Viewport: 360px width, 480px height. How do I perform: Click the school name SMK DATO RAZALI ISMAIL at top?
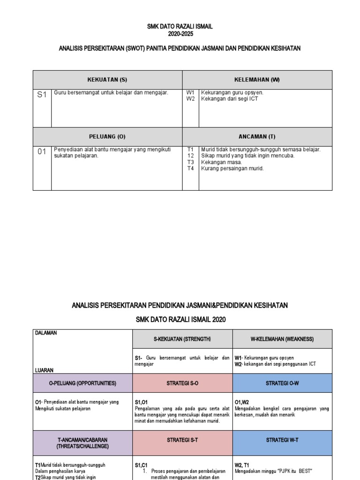point(180,27)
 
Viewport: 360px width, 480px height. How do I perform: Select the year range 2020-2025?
point(180,34)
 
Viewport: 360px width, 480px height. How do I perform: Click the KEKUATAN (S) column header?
point(107,80)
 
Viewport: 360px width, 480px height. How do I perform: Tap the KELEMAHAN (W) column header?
point(257,80)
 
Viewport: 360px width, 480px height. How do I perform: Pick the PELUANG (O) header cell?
point(107,136)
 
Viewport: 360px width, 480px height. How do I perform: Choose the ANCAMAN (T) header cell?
point(257,136)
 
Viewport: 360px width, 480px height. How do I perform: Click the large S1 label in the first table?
point(42,95)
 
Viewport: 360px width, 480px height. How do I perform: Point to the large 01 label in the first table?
point(42,151)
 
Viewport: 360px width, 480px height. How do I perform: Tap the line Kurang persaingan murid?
point(232,168)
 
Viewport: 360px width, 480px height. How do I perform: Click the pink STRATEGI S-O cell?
point(182,383)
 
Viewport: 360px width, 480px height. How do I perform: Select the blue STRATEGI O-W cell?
point(282,383)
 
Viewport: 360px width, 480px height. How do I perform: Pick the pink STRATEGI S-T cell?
point(182,440)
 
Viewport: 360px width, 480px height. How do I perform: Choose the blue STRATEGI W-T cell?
point(282,440)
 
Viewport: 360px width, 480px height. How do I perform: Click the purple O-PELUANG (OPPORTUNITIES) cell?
point(82,383)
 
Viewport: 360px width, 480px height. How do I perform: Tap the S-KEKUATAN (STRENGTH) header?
point(182,339)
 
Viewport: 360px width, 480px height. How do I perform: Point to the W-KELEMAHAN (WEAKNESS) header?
point(282,339)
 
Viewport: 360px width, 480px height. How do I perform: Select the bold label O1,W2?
point(242,402)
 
